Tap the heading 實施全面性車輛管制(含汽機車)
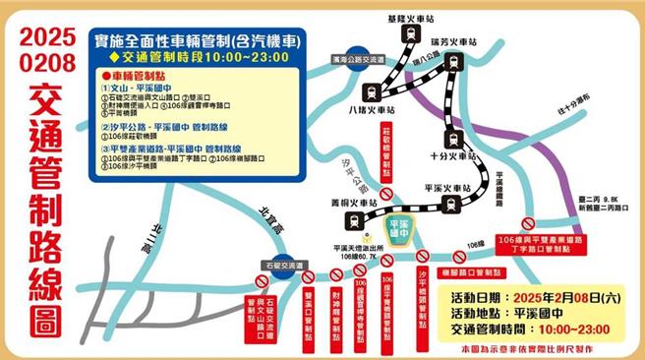click(x=197, y=39)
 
